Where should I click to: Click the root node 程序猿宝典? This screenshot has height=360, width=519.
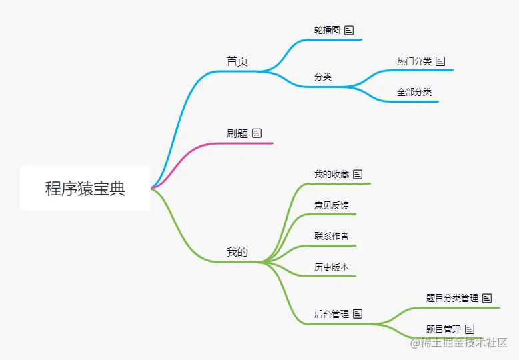85,189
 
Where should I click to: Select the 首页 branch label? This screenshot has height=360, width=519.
237,61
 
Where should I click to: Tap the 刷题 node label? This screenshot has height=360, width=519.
237,133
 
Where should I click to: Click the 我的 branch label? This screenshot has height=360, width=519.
237,252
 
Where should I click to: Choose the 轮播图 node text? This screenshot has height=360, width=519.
327,30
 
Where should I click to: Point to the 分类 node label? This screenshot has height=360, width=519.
323,77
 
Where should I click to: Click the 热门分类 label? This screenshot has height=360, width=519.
414,61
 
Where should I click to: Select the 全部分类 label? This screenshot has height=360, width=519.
414,92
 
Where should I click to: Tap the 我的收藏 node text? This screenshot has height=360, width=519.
332,174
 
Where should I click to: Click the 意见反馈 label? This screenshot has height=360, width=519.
332,205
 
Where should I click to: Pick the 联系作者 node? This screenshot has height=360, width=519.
332,236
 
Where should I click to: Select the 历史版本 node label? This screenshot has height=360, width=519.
332,267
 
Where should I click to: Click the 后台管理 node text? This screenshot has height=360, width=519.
332,313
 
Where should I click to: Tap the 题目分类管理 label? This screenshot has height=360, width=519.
452,298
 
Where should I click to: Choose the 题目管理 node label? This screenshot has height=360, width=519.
444,329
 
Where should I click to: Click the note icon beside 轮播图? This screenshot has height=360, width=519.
349,30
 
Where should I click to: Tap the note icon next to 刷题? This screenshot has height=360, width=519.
257,133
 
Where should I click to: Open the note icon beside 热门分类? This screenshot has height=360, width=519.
440,61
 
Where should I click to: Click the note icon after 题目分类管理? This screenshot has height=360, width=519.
487,298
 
